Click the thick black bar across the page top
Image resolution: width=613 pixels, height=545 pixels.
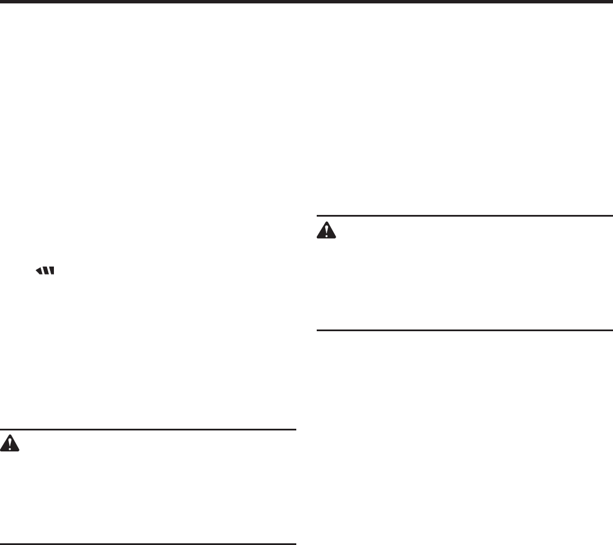click(306, 2)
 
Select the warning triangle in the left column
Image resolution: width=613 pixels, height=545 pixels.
click(10, 443)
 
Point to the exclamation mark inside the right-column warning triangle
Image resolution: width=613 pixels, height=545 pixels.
click(326, 230)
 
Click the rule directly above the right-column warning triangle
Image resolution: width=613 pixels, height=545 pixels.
click(464, 216)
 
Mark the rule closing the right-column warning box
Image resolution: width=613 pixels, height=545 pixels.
click(464, 330)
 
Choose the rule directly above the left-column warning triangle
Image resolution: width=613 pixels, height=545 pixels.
click(148, 430)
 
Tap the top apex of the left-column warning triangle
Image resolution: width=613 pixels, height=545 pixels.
click(10, 434)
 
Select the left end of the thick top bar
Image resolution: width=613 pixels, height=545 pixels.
click(2, 2)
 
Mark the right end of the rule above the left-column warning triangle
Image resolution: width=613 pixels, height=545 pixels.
click(295, 430)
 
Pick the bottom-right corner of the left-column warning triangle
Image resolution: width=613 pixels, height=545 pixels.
click(19, 451)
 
